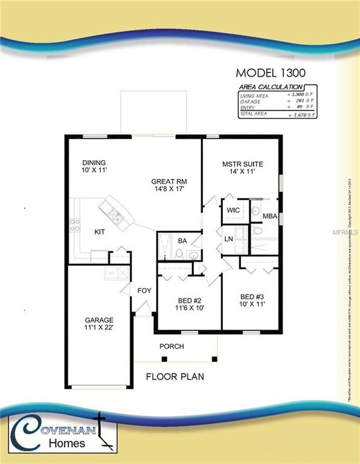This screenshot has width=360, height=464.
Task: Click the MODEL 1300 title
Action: (x=270, y=72)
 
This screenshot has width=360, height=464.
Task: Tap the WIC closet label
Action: (x=233, y=210)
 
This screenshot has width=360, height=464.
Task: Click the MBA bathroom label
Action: (x=270, y=216)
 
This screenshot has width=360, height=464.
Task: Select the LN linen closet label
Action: (x=230, y=239)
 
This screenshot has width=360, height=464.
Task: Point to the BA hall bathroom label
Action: (x=182, y=241)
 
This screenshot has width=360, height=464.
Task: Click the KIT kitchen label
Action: (x=100, y=231)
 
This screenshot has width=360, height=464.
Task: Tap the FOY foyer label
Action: (x=144, y=291)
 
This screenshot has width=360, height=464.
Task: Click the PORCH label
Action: (x=172, y=346)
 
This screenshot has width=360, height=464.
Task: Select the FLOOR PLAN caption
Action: (x=175, y=376)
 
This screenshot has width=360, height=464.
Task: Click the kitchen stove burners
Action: (x=76, y=225)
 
